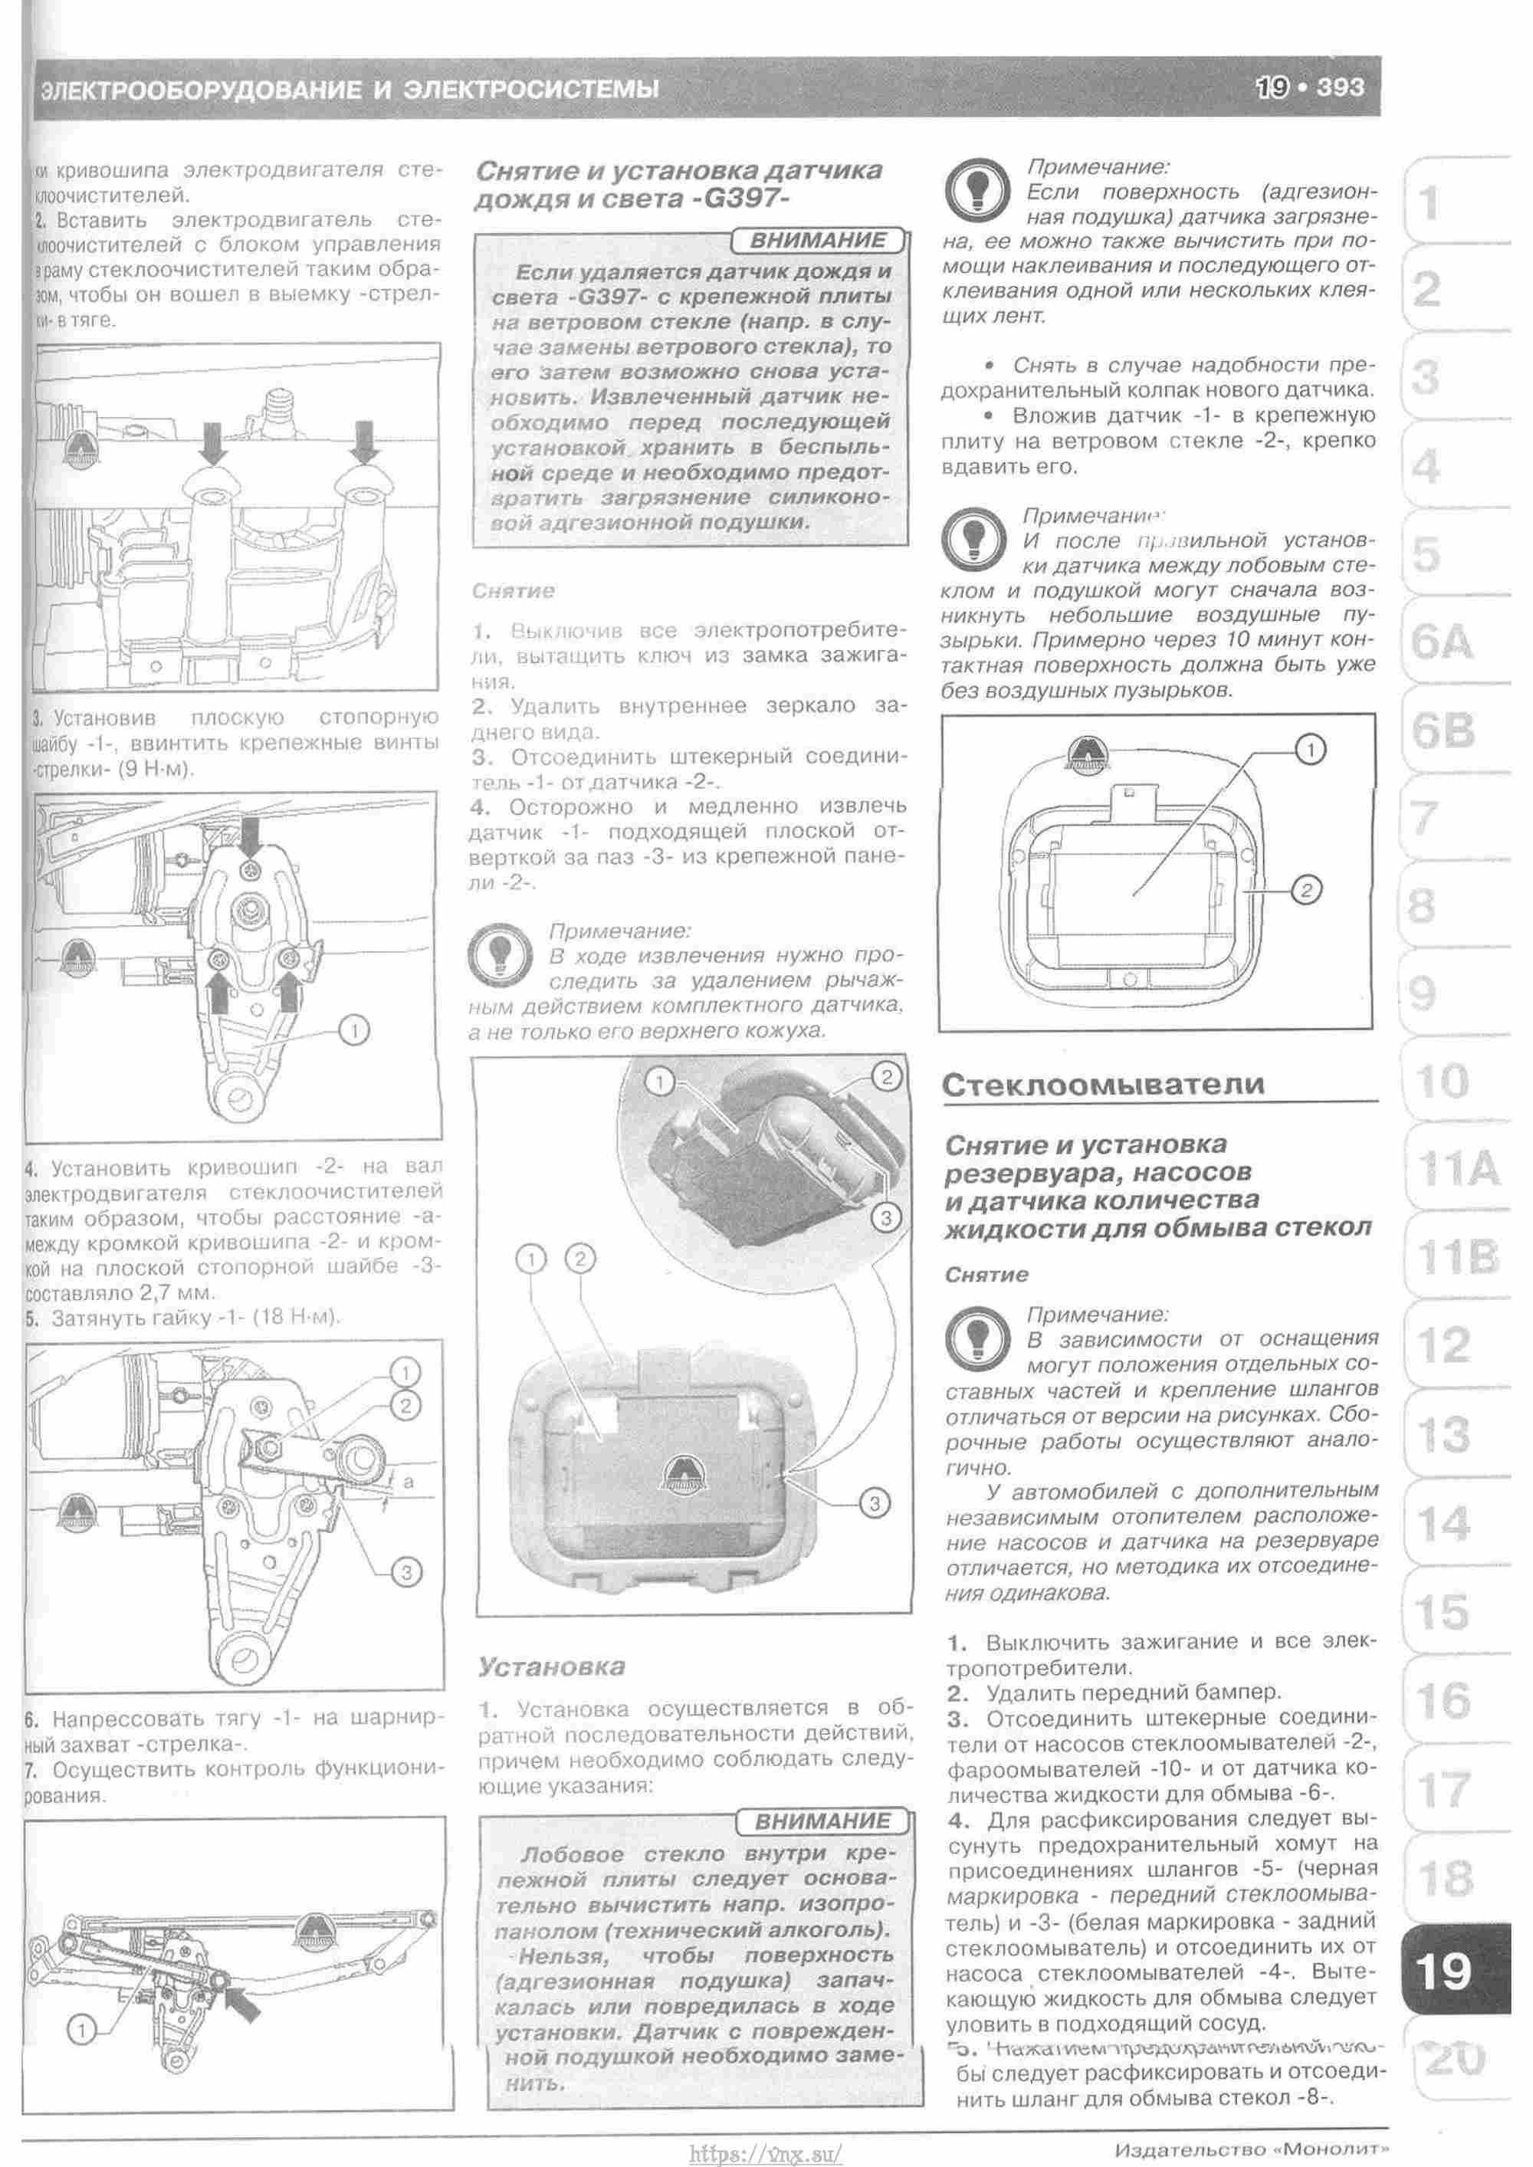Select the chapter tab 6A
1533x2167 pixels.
(x=1442, y=644)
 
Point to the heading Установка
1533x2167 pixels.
(x=551, y=1666)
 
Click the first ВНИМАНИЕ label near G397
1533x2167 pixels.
(x=818, y=241)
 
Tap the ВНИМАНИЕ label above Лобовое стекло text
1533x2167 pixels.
(x=823, y=1821)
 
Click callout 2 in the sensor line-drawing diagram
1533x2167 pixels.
(x=1305, y=890)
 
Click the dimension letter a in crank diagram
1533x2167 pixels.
(x=408, y=1482)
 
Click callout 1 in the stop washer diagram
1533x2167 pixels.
(x=353, y=1032)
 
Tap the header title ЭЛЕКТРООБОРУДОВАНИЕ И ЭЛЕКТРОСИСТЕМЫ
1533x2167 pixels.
(x=350, y=90)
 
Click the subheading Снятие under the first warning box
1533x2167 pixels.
(x=514, y=591)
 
